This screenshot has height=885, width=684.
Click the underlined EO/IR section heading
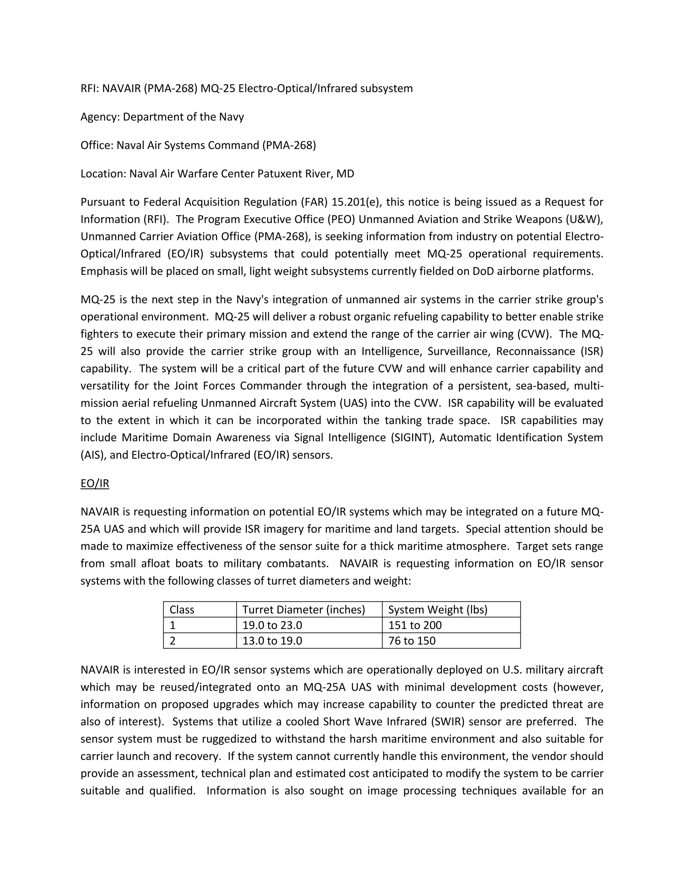coord(95,484)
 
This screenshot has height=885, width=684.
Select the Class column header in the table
coord(182,609)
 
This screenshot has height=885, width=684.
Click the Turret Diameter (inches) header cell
coord(304,609)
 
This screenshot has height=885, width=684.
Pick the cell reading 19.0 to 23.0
coord(272,625)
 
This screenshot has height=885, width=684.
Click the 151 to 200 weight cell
coord(415,625)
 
